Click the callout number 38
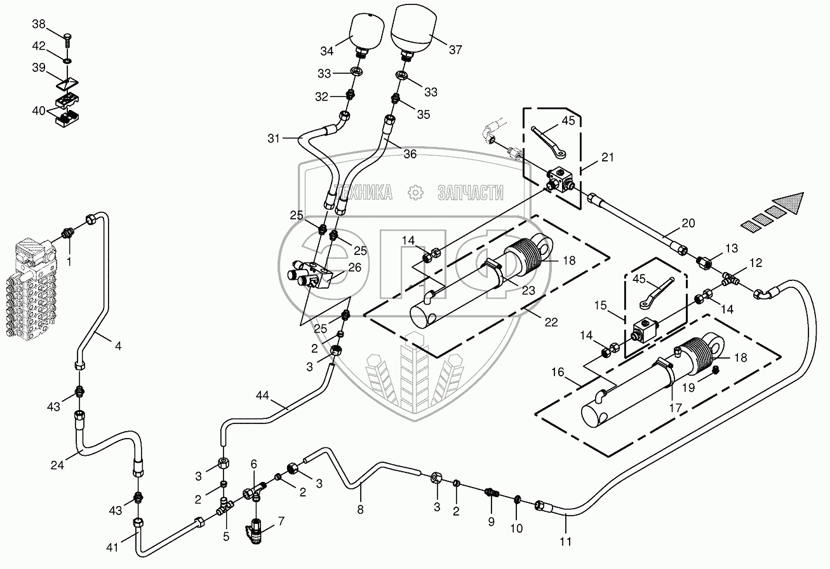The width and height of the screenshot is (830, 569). coord(39,24)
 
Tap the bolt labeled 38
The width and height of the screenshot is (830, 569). coord(68,40)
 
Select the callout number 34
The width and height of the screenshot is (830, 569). coord(327,51)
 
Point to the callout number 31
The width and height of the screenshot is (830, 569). coord(274,139)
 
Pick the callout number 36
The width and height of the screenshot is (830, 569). coord(410,154)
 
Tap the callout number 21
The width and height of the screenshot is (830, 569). coord(608,157)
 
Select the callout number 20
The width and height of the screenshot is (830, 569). coord(688,223)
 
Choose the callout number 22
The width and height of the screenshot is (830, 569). coord(551,322)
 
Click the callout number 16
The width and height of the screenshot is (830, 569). coord(558,372)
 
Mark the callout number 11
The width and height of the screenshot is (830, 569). coord(565,542)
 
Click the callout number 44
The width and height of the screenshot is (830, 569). coord(262,396)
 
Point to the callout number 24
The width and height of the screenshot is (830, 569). coord(57,465)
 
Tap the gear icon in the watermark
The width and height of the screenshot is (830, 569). coord(415,193)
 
